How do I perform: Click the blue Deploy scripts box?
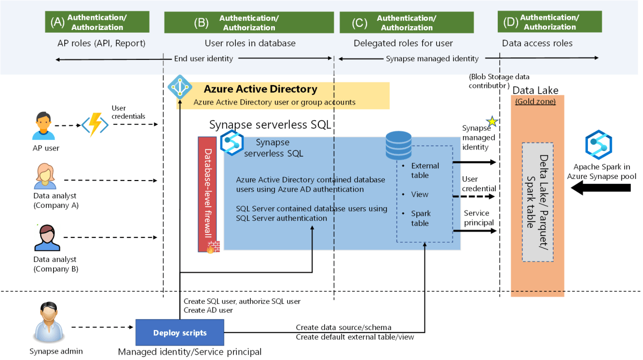coord(180,333)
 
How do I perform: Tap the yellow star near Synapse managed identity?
coord(491,122)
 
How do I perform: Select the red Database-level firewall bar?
coord(207,194)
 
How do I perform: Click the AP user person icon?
coord(44,126)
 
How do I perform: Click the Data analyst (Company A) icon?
coord(45,177)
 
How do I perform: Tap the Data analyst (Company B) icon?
coord(46,238)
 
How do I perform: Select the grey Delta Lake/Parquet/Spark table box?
coord(537,202)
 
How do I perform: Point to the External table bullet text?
coord(424,170)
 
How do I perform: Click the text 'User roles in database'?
coord(250,43)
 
